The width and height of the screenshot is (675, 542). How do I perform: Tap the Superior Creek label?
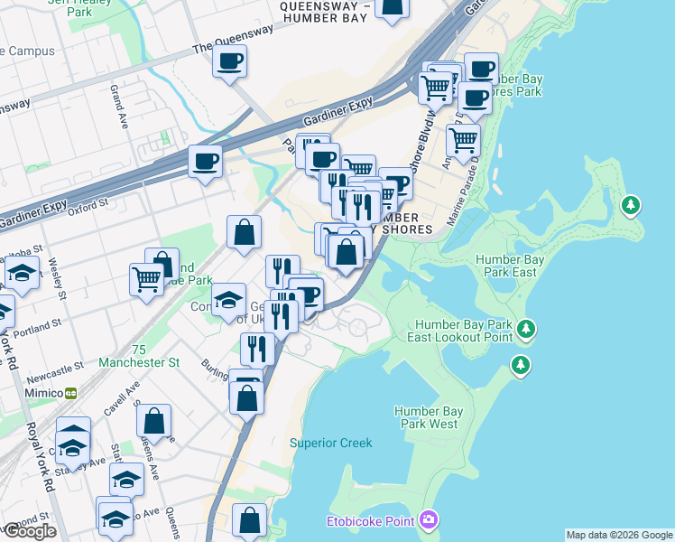coord(330,443)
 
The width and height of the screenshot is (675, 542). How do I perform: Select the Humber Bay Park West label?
coord(429,417)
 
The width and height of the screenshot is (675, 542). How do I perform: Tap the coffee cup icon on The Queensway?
coord(229,61)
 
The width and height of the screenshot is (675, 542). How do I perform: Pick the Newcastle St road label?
coord(57,367)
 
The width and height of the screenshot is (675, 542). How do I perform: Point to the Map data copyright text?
coord(619,535)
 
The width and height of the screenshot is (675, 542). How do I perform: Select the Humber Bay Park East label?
coord(510,266)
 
